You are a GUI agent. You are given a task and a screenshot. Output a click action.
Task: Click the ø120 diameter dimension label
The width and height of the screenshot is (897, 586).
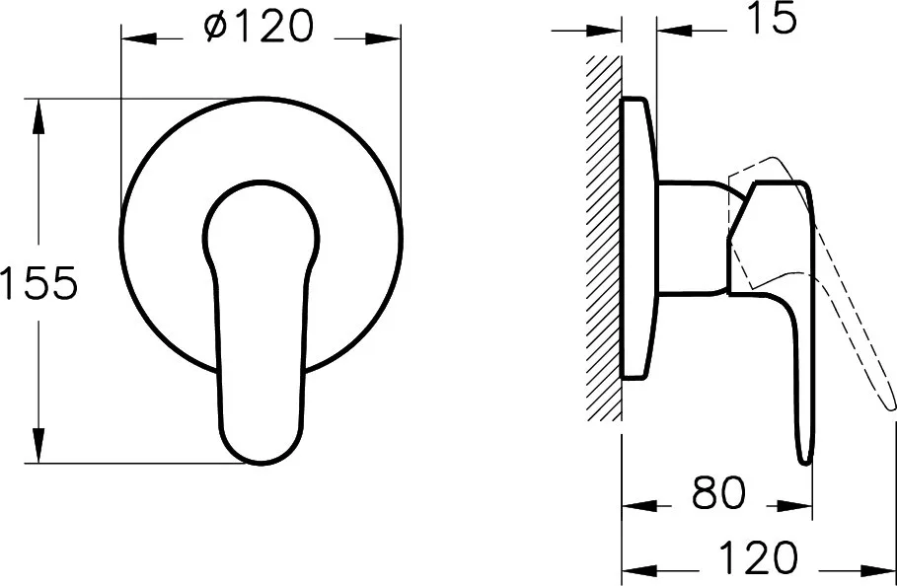point(260,27)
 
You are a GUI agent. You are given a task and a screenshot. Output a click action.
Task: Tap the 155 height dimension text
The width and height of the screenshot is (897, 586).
point(38,282)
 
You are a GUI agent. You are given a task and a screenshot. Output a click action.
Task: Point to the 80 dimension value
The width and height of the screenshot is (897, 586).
point(718,492)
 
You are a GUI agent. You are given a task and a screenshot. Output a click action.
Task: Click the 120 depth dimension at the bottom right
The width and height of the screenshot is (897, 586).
point(758,556)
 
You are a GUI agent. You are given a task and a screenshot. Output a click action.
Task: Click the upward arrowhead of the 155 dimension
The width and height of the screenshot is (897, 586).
point(38,116)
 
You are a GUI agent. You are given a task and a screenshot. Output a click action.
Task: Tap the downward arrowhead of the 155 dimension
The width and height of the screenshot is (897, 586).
point(38,445)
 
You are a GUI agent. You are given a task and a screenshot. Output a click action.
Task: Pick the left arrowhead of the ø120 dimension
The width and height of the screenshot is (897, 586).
point(139,38)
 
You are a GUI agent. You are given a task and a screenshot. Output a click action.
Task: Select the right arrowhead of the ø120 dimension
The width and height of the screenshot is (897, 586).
point(383,38)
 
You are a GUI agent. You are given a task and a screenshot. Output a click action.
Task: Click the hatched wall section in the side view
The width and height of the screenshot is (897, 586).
point(604,238)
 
